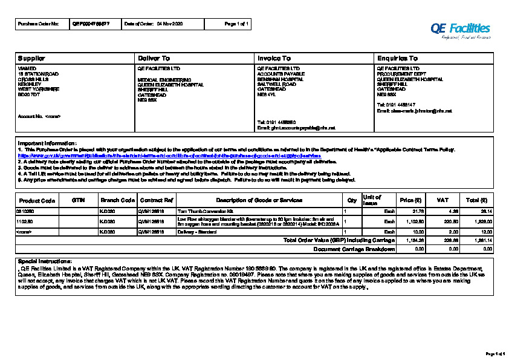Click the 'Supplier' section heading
point(31,58)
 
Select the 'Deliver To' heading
point(154,58)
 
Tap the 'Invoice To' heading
point(274,58)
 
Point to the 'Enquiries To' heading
point(397,58)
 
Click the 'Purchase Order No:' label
point(39,24)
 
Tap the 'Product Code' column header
point(37,200)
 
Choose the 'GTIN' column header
point(79,200)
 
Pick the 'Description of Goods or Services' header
point(259,200)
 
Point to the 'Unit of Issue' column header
point(372,200)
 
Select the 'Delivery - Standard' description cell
point(196,232)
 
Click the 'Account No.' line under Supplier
point(39,115)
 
